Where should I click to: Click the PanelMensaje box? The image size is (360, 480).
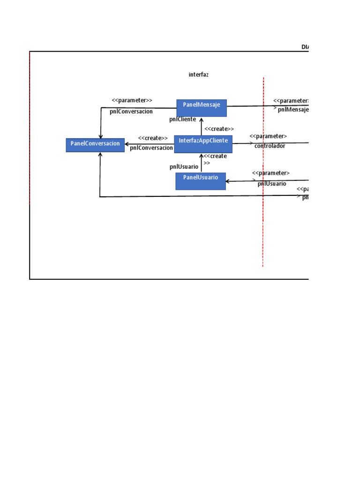tap(202, 108)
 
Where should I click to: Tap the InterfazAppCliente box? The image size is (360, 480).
tap(203, 144)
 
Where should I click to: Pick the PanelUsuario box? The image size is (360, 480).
tap(201, 181)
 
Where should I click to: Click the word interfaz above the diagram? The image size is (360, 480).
tap(199, 75)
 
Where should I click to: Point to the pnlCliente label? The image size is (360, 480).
tap(183, 120)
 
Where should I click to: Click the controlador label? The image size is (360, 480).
tap(270, 146)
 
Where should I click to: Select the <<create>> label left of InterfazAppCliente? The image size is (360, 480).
tap(153, 138)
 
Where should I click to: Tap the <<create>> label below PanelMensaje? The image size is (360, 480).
tap(219, 129)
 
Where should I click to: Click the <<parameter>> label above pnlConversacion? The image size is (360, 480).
tap(132, 100)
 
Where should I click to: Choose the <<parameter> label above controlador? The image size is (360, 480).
tap(268, 136)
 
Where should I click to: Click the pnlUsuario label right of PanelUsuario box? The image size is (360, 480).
tap(272, 184)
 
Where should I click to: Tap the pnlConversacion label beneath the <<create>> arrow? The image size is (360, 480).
tap(151, 148)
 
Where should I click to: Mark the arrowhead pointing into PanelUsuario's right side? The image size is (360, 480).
tap(228, 181)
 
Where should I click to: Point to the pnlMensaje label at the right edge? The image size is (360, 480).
tap(293, 110)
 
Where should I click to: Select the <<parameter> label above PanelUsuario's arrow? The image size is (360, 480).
tap(270, 173)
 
